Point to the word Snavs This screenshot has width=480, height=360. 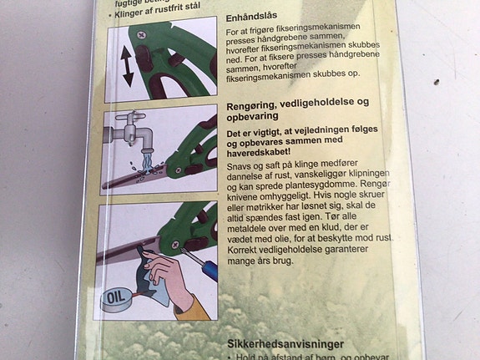pos(242,167)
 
